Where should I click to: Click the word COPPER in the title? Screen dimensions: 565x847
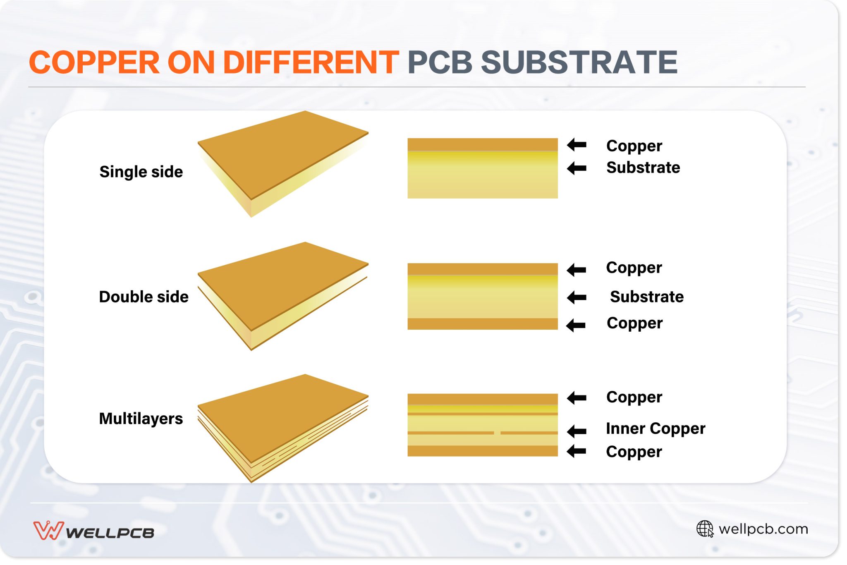click(94, 62)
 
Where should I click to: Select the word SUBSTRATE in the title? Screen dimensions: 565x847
click(579, 62)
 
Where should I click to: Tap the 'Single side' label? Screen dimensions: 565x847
click(141, 172)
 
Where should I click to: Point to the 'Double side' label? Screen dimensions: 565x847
click(144, 297)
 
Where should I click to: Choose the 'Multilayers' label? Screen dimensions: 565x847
click(141, 419)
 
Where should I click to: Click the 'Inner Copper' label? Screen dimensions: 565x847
click(656, 429)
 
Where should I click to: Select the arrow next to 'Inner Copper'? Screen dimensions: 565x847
click(577, 431)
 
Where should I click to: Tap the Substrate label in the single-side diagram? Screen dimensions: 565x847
click(643, 168)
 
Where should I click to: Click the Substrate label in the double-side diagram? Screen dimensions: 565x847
click(647, 297)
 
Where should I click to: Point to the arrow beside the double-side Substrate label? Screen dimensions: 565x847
click(577, 297)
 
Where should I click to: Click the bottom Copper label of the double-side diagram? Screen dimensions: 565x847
click(634, 323)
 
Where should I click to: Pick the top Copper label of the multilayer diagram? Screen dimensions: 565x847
click(634, 397)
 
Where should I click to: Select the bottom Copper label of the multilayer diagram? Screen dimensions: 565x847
click(634, 452)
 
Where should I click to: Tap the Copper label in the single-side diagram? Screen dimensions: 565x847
click(634, 146)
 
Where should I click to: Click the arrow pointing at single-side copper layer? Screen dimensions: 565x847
click(577, 145)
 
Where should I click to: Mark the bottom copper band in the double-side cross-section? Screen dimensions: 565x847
click(482, 324)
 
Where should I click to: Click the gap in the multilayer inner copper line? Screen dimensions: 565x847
click(497, 433)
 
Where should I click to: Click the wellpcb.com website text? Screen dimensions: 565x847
click(763, 529)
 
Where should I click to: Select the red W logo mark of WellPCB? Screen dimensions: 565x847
click(48, 530)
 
